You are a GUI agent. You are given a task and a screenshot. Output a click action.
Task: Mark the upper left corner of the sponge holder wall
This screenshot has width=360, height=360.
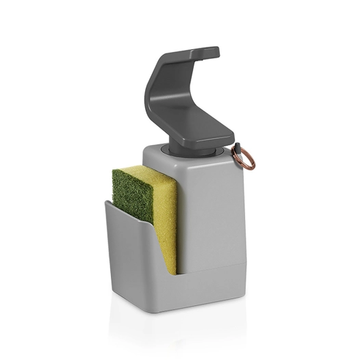106,202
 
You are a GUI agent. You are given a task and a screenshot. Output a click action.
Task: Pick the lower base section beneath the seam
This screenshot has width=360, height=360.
212,287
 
